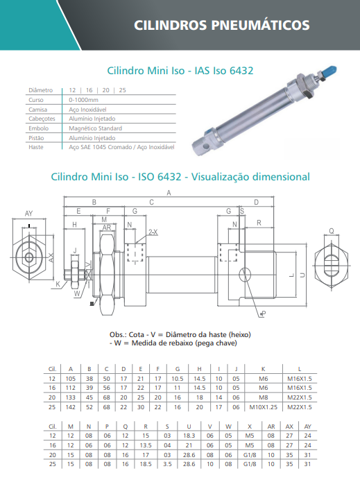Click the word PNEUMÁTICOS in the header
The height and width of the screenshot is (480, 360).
260,25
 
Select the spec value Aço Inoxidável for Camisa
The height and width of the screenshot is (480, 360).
87,110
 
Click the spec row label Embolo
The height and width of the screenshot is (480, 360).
39,128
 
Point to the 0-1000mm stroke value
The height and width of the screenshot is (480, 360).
83,100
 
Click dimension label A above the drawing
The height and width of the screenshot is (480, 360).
169,193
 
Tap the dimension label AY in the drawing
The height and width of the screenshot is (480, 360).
28,214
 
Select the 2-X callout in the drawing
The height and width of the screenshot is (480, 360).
153,232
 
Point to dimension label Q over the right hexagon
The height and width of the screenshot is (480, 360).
332,231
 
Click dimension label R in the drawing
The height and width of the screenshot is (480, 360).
259,223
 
